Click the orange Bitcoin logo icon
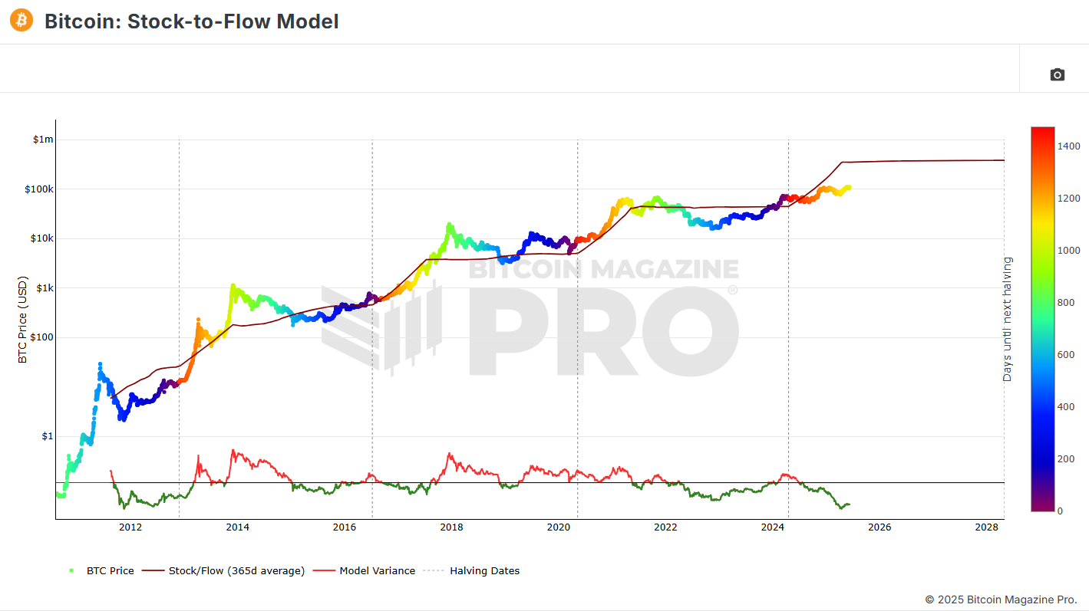21,21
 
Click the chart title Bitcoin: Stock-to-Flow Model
191,21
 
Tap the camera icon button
1057,74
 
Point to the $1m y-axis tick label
43,140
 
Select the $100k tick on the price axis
40,189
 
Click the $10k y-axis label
41,238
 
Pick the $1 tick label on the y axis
48,436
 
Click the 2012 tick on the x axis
130,527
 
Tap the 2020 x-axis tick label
558,527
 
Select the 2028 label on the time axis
986,527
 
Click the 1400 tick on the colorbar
1070,146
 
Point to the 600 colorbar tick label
1067,354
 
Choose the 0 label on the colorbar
1061,511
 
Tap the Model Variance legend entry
377,570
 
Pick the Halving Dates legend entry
484,570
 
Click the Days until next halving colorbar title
1007,319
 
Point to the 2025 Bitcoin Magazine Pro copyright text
1001,599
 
